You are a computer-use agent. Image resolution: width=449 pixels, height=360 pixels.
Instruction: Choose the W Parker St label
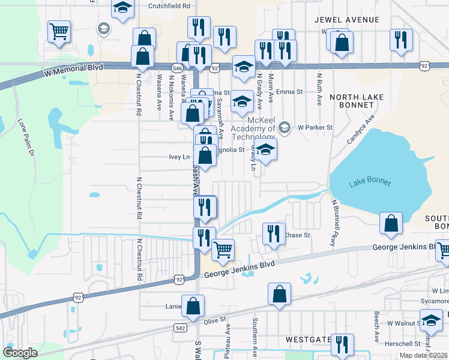point(315,127)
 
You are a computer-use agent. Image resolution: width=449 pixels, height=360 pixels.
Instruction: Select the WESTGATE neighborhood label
point(308,340)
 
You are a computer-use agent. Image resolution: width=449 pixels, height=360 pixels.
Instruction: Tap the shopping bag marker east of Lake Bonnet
point(391,224)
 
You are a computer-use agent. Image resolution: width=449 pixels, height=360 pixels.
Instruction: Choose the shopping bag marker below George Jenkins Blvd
point(280,294)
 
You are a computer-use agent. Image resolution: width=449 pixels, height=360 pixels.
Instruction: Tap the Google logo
point(20,353)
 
